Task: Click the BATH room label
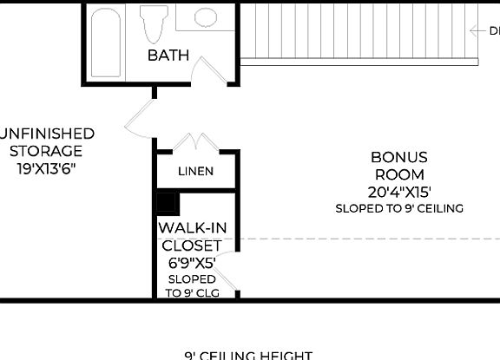click(168, 56)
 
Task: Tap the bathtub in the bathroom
click(107, 37)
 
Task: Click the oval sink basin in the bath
click(206, 16)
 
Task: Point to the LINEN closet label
click(195, 171)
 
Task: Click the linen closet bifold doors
click(196, 141)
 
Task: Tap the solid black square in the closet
click(167, 203)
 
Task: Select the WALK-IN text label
click(193, 228)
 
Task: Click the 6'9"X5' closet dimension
click(193, 262)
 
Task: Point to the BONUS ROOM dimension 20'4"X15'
click(399, 192)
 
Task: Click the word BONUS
click(399, 157)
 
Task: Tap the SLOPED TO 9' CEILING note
click(399, 208)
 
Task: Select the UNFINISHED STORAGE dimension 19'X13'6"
click(47, 169)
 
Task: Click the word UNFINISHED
click(47, 134)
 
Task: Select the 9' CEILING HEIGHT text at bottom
click(248, 355)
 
